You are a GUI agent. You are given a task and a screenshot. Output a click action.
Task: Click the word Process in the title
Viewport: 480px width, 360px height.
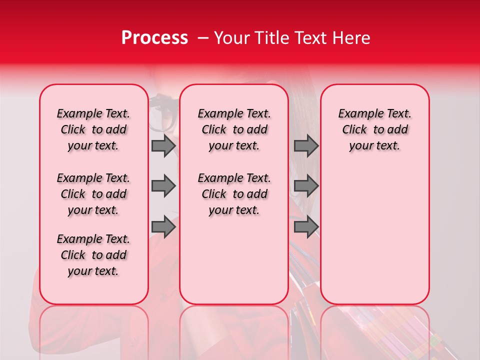(x=154, y=38)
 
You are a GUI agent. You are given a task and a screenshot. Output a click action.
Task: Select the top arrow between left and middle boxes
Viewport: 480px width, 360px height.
(x=163, y=146)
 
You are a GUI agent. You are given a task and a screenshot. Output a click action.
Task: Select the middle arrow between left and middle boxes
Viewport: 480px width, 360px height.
(x=163, y=186)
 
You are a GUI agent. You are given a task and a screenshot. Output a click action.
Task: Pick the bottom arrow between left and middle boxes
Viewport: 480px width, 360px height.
(x=163, y=227)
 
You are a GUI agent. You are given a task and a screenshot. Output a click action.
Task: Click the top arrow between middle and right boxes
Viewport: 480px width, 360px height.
(x=306, y=146)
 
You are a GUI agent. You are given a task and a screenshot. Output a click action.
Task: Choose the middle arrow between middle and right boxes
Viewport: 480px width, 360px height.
(x=306, y=186)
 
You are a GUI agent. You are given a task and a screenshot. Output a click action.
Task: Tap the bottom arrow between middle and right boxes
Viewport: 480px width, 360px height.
(x=306, y=227)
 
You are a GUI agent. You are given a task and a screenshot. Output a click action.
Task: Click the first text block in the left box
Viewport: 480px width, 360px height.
(x=93, y=129)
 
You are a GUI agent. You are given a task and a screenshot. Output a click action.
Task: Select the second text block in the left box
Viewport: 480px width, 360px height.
(x=93, y=194)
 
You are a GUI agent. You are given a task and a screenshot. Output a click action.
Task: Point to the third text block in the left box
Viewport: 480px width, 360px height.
(x=93, y=255)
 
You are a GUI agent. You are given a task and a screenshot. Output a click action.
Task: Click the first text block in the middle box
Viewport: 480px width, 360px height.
(x=234, y=129)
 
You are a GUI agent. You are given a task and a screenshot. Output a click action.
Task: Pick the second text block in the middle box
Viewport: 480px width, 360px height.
(x=234, y=194)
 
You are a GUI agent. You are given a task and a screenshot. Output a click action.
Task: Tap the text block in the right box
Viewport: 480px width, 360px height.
(x=374, y=129)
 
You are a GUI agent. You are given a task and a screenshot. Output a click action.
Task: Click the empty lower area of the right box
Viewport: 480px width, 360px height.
(x=374, y=240)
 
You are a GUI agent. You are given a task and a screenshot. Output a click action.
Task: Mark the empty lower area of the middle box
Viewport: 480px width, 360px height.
(x=234, y=260)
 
